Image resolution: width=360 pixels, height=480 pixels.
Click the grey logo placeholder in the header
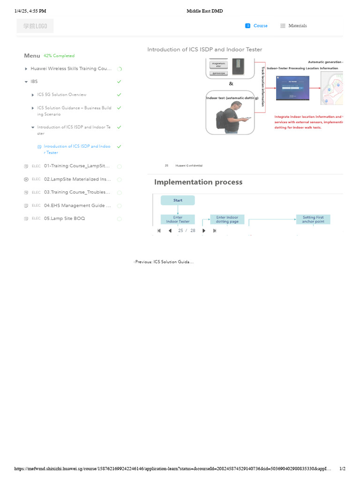(35, 26)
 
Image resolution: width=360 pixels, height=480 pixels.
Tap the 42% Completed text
(59, 56)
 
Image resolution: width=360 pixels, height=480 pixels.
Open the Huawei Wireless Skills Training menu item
(71, 68)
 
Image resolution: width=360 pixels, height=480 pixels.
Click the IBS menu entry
(34, 82)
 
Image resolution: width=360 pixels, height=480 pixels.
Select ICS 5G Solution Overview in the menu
(62, 95)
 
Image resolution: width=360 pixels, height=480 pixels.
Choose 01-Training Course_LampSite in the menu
(77, 166)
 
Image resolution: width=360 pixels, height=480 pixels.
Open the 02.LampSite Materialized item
(77, 179)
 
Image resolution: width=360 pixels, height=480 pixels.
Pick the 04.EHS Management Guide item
(77, 205)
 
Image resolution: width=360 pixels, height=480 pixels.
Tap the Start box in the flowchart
(178, 200)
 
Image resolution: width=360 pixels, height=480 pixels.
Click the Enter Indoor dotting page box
(227, 219)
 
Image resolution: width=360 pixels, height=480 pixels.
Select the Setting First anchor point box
(313, 219)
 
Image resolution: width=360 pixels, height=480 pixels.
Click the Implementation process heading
(198, 182)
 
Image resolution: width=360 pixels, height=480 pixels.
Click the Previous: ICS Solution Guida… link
(164, 262)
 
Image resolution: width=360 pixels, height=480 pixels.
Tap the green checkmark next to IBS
(119, 82)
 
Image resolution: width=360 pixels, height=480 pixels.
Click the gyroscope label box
(218, 73)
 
